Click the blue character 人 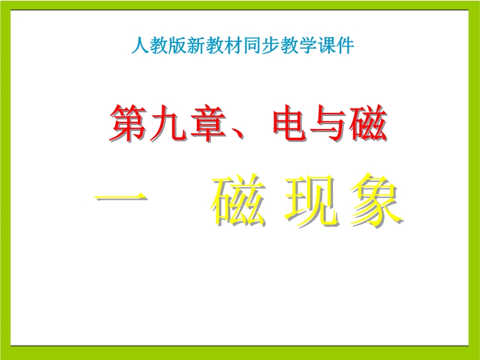pyautogui.click(x=140, y=46)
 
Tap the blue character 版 pyautogui.click(x=178, y=46)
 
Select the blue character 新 pyautogui.click(x=196, y=46)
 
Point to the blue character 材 pyautogui.click(x=233, y=46)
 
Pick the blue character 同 pyautogui.click(x=252, y=46)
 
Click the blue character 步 pyautogui.click(x=271, y=46)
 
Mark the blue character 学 pyautogui.click(x=308, y=46)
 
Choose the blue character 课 pyautogui.click(x=326, y=46)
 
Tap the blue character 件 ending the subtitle pyautogui.click(x=346, y=46)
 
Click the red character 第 pyautogui.click(x=128, y=123)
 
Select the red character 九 pyautogui.click(x=169, y=123)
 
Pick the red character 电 pyautogui.click(x=291, y=123)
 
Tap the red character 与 pyautogui.click(x=329, y=123)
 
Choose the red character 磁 pyautogui.click(x=369, y=123)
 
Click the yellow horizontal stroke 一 pyautogui.click(x=121, y=197)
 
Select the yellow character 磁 pyautogui.click(x=238, y=200)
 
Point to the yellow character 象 pyautogui.click(x=377, y=200)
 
